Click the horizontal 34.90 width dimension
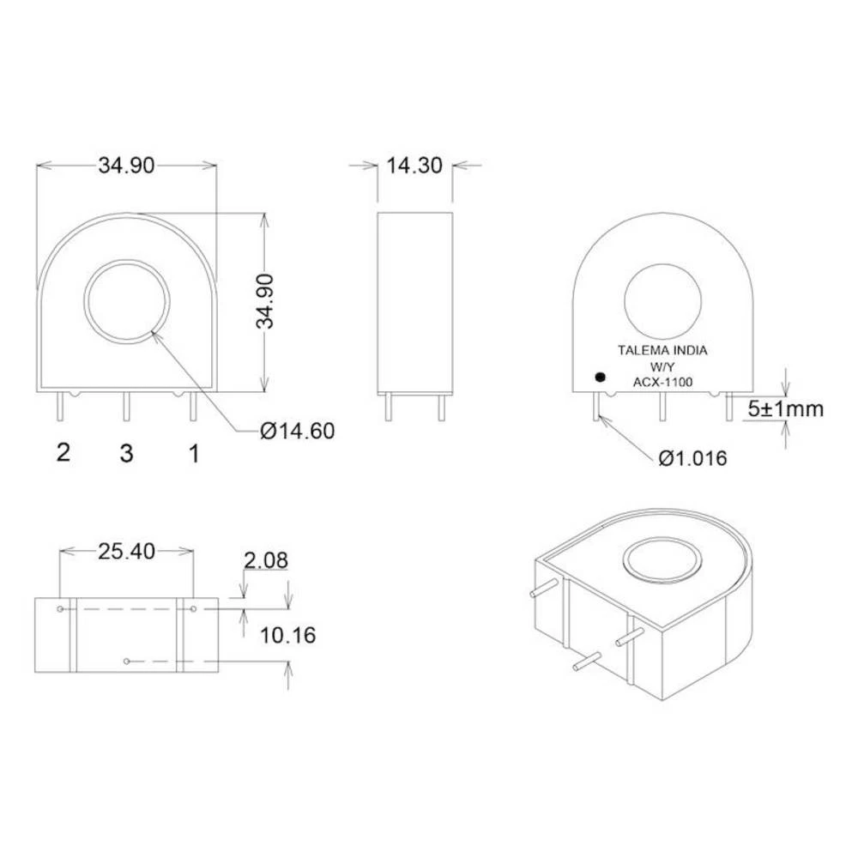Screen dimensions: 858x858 [x=126, y=166]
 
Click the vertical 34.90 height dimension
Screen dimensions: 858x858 [x=265, y=301]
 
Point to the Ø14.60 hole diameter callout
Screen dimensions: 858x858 [x=297, y=431]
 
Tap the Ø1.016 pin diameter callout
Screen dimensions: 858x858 [x=692, y=458]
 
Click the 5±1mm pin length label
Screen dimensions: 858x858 [x=784, y=409]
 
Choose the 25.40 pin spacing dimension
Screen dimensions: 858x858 [x=126, y=552]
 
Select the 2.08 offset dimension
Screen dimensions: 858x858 [x=265, y=561]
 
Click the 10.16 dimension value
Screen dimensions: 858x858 [x=287, y=635]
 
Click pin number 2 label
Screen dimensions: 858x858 [x=63, y=452]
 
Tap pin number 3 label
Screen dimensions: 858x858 [x=126, y=453]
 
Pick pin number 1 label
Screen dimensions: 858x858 [x=194, y=453]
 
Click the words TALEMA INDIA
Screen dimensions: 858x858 [x=662, y=350]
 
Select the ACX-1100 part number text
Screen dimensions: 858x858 [x=662, y=382]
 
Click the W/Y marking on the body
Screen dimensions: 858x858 [x=662, y=366]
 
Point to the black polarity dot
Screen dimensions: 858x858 [x=600, y=377]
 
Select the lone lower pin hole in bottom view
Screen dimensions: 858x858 [x=126, y=661]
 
